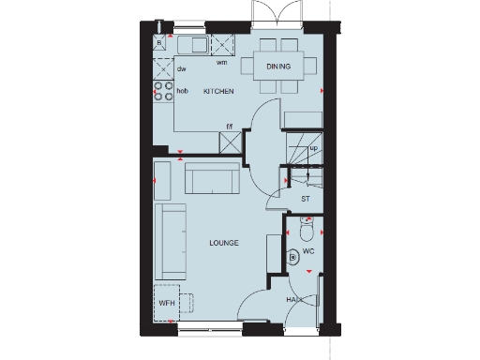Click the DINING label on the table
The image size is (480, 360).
click(x=278, y=67)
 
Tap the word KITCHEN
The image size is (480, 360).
click(x=218, y=91)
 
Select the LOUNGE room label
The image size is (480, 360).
click(x=223, y=243)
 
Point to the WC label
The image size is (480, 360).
click(x=308, y=253)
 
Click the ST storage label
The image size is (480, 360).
click(x=305, y=199)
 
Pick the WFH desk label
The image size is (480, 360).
click(x=166, y=304)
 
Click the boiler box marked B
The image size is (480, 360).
click(x=160, y=43)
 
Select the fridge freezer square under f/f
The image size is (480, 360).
click(x=229, y=142)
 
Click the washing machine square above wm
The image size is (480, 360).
click(x=223, y=45)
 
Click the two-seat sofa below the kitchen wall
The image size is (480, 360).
click(x=211, y=177)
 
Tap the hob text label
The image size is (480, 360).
click(x=183, y=91)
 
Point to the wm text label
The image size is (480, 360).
click(x=222, y=63)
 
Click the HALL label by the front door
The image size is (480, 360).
click(x=293, y=300)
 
